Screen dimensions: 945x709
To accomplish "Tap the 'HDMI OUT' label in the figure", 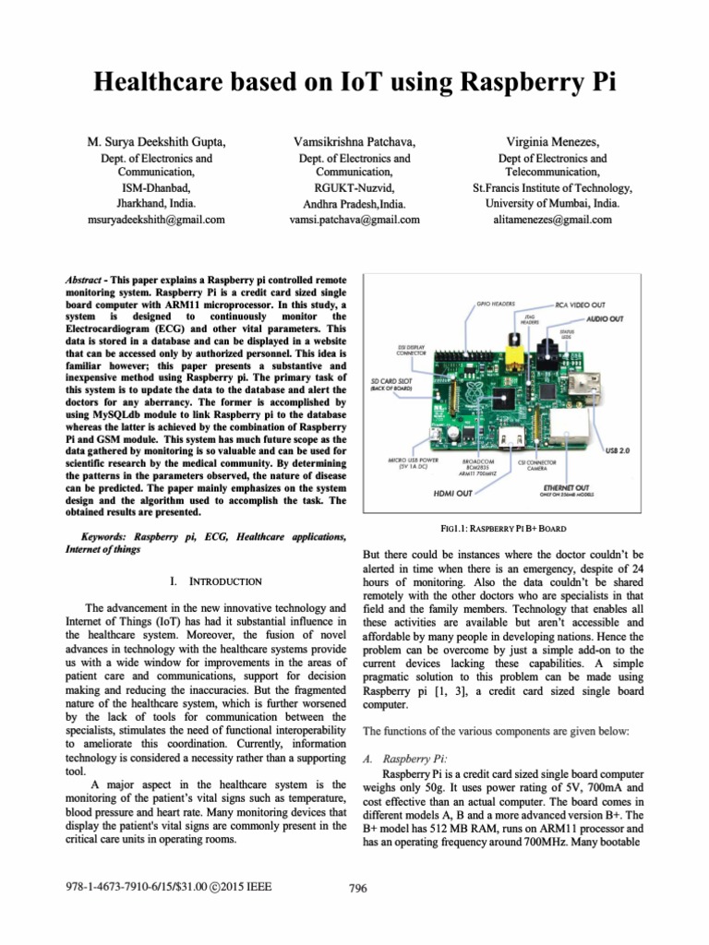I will (453, 494).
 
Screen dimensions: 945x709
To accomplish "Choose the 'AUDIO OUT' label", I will (605, 318).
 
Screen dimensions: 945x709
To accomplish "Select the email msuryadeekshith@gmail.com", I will (156, 220).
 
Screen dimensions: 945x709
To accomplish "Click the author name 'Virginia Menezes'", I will (552, 141).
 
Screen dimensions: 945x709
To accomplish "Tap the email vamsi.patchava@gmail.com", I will (354, 220).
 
